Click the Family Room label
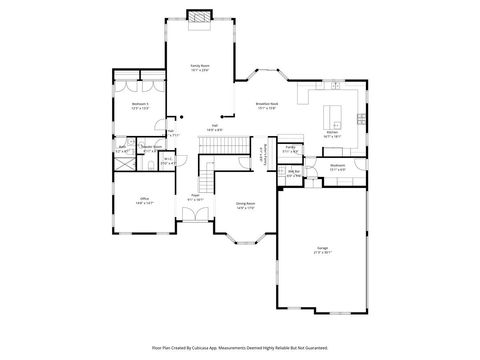pos(199,67)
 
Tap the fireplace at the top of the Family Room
pos(200,16)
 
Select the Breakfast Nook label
pos(266,103)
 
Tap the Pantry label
pos(291,147)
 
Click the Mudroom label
pos(337,167)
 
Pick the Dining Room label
pos(246,204)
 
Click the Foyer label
pos(196,197)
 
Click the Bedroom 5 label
pos(141,103)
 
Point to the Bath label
pos(122,149)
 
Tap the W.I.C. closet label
pos(168,159)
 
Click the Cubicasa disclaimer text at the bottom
pos(240,347)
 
